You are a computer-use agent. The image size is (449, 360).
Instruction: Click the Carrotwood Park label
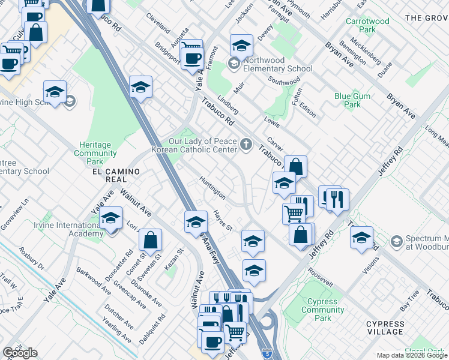pyautogui.click(x=367, y=25)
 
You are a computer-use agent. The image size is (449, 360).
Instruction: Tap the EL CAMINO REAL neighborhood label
pyautogui.click(x=116, y=175)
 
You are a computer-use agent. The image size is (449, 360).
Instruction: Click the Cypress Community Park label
pyautogui.click(x=323, y=310)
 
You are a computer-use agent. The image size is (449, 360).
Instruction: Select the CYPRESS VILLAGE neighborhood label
pyautogui.click(x=385, y=328)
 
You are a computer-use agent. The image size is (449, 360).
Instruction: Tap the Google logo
pyautogui.click(x=20, y=353)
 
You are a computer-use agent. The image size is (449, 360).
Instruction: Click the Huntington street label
pyautogui.click(x=212, y=187)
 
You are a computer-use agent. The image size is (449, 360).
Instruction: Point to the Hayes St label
pyautogui.click(x=223, y=220)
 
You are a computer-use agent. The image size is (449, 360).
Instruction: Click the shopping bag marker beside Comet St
pyautogui.click(x=150, y=240)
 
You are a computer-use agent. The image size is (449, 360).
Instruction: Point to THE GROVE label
pyautogui.click(x=426, y=18)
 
